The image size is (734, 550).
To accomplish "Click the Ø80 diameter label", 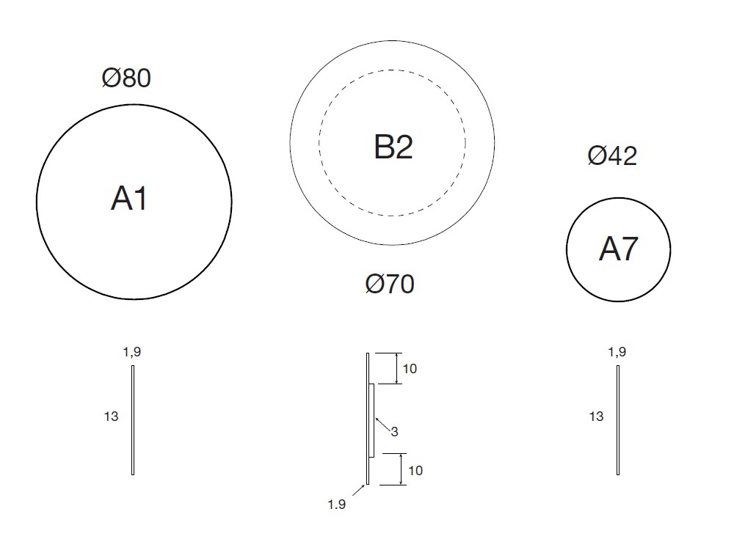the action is pos(126,78).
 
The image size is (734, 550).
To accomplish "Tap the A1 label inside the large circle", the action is pos(129,198).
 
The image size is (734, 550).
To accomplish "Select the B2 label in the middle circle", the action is pos(393,147).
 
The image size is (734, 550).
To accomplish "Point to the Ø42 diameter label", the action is pos(612,155).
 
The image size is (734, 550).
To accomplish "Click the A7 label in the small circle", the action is pos(618,249).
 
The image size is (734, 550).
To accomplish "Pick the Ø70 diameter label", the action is pos(390,284).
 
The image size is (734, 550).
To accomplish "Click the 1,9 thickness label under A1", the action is pos(132,352).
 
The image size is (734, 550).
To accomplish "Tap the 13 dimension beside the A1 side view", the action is pos(111,417).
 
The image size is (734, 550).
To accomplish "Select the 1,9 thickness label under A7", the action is pos(617,352).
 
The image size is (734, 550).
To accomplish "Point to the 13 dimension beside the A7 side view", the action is pos(596,417).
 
